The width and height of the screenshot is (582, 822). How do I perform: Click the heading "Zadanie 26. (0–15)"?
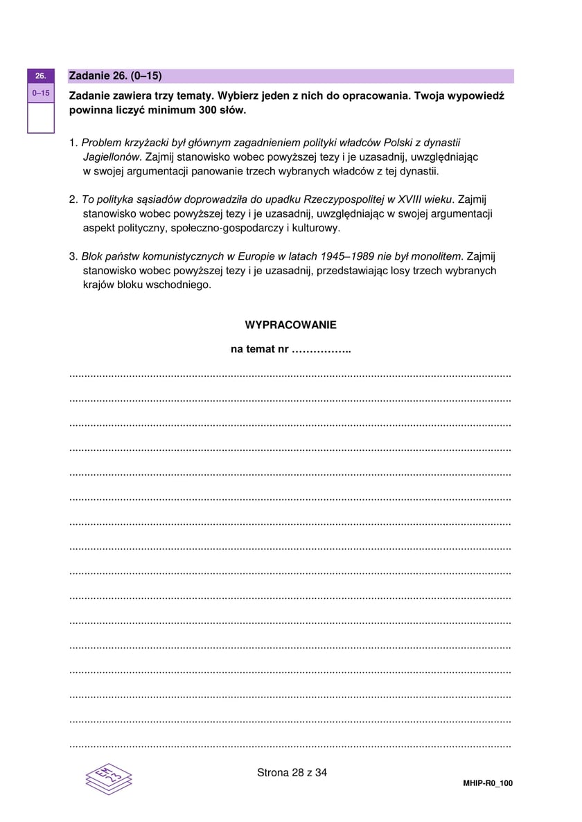coord(115,75)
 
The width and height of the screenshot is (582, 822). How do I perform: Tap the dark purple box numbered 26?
coord(40,75)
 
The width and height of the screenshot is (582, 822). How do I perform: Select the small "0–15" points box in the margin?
coord(40,92)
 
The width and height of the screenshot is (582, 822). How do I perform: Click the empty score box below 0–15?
coord(40,117)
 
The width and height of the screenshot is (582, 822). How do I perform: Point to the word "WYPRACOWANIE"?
coord(290,325)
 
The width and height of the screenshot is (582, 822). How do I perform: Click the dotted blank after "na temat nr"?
coord(321,350)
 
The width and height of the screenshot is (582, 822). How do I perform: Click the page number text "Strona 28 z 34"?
coord(291,773)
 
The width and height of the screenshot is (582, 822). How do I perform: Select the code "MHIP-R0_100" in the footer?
coord(488,783)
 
